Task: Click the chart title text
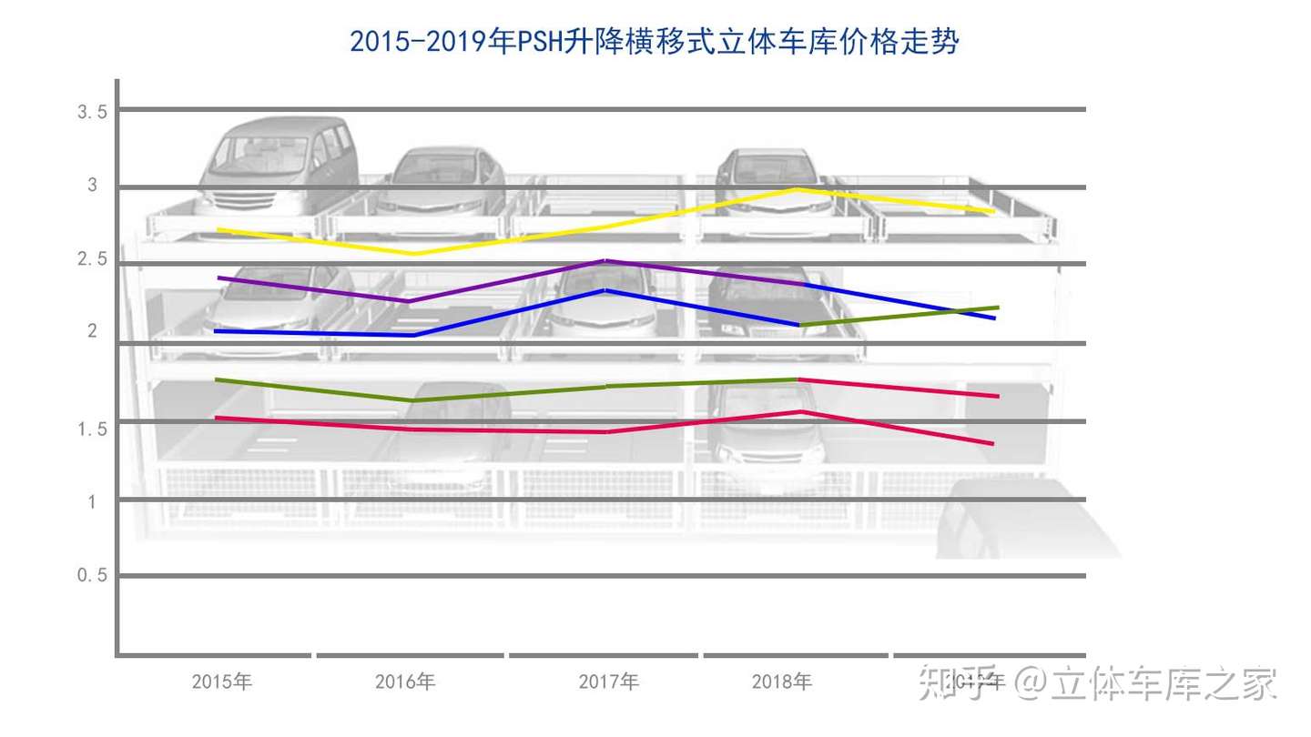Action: tap(655, 42)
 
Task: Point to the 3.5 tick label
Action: tap(93, 112)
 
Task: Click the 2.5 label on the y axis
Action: tap(93, 259)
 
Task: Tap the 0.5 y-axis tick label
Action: tap(93, 575)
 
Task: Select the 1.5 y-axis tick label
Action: tap(93, 428)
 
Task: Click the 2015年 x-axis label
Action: tap(221, 681)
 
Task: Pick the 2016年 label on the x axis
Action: tap(405, 681)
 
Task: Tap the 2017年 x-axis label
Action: tap(609, 681)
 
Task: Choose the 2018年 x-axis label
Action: tap(782, 681)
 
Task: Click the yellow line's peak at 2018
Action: tap(798, 189)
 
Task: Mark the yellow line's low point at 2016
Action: tap(414, 253)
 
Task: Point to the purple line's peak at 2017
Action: tap(605, 261)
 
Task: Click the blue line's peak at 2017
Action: tap(605, 290)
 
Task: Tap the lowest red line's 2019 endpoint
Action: tap(992, 443)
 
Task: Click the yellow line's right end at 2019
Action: tap(992, 211)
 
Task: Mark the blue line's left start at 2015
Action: tap(215, 331)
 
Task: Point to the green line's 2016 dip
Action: tap(414, 400)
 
